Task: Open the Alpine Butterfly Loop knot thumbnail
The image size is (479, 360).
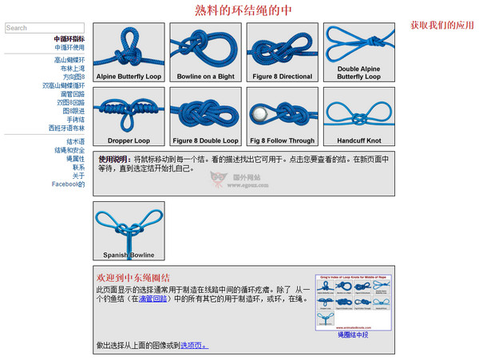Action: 129,52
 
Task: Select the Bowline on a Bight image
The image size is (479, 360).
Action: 205,52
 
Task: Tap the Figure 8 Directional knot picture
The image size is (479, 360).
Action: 282,52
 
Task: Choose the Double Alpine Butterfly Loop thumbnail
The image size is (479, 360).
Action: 358,52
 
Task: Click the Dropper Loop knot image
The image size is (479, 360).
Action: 129,115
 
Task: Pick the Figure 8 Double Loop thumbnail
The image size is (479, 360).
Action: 205,115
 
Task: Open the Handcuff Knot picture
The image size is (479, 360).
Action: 358,115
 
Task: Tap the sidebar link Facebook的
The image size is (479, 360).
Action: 68,184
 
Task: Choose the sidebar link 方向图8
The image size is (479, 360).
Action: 73,77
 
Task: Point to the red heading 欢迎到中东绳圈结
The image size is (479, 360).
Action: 133,276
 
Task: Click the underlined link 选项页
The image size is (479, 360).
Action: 193,346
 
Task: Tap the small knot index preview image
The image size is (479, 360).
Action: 353,302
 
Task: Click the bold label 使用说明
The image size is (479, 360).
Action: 114,159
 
